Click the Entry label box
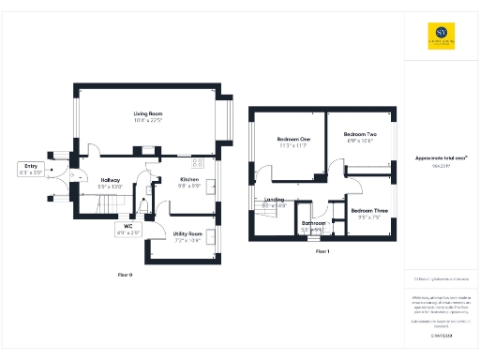(31, 169)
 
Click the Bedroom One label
(293, 139)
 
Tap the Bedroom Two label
(359, 134)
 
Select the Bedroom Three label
(369, 212)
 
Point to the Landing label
(275, 200)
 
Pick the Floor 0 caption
(125, 275)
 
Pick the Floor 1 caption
(322, 252)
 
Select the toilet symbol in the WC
(142, 208)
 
